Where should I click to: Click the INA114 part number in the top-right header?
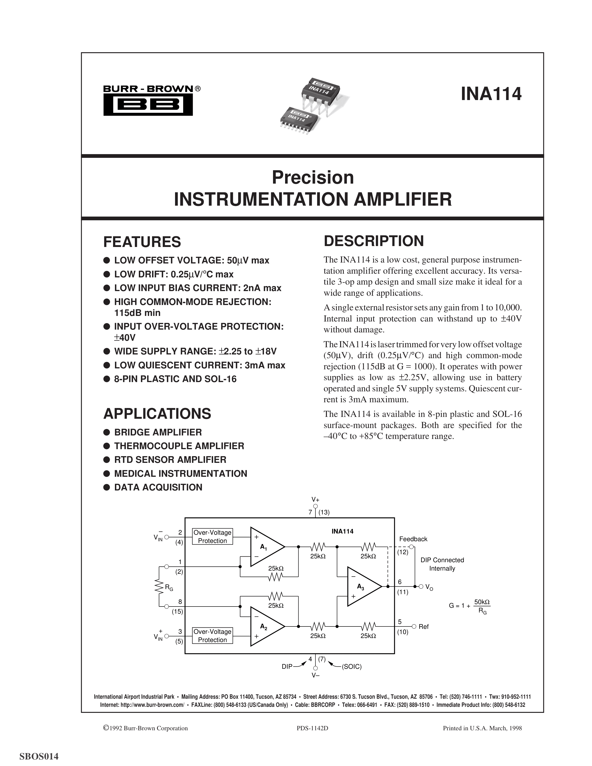point(491,94)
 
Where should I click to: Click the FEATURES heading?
point(142,242)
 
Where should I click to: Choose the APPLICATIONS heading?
point(157,414)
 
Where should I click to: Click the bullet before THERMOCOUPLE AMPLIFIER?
point(107,446)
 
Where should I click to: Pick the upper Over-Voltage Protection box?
point(212,536)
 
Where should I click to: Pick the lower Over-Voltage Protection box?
point(212,636)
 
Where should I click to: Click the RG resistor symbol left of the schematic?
point(159,586)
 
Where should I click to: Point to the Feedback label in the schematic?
point(413,539)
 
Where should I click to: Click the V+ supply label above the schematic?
point(315,500)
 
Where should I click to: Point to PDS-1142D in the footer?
point(312,728)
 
